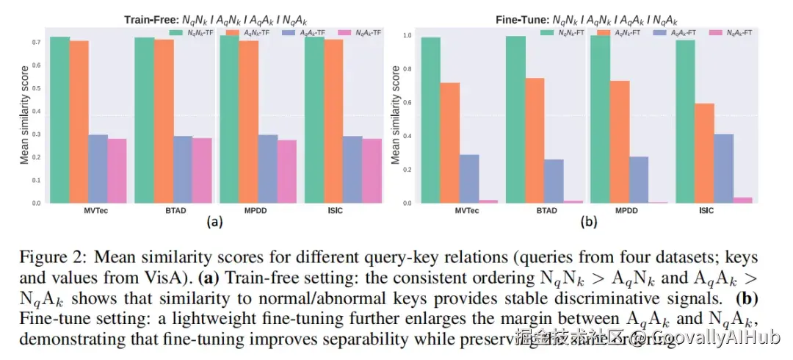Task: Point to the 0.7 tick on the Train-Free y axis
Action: click(35, 43)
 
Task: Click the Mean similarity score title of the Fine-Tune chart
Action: click(396, 115)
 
